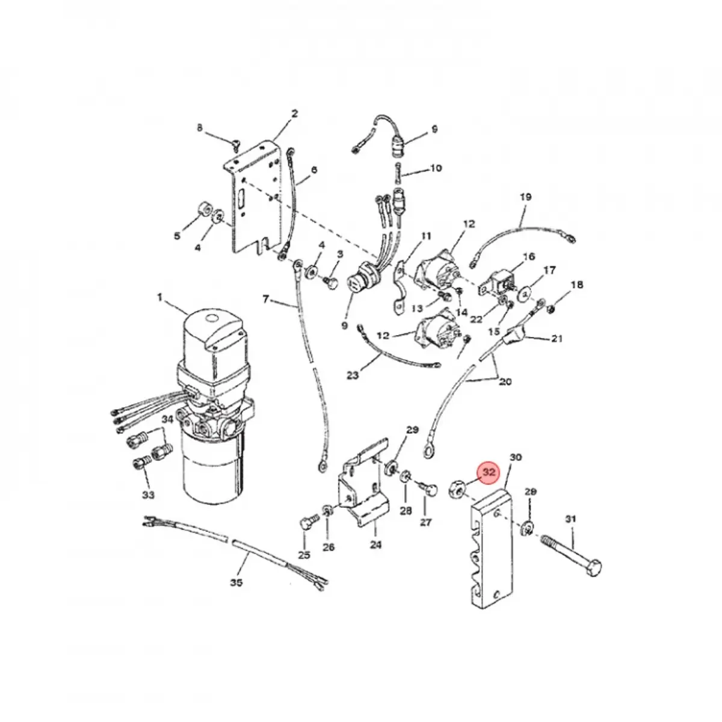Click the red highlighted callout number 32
coord(489,472)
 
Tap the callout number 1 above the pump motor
coord(160,297)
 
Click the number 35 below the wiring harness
coord(236,582)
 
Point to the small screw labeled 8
coord(236,143)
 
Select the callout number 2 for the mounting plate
coord(294,113)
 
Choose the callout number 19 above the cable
coord(525,197)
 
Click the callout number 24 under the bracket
coord(375,546)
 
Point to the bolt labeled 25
coord(305,525)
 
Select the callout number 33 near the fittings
coord(148,495)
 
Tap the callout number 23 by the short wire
coord(352,375)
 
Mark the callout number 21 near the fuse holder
coord(557,339)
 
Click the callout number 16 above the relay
coord(528,257)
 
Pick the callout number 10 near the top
coord(436,168)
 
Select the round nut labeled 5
coord(203,211)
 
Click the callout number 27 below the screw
coord(425,522)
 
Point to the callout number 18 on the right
coord(576,285)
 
